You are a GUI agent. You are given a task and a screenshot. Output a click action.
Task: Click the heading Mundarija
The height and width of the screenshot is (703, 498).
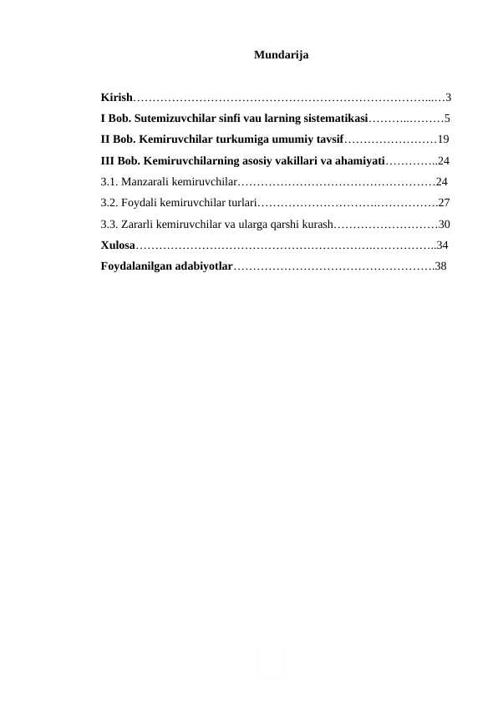coord(280,55)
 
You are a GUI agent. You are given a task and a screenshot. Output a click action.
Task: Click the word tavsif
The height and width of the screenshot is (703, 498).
coord(328,139)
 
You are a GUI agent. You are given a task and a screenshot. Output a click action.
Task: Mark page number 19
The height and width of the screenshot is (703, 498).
coord(444,139)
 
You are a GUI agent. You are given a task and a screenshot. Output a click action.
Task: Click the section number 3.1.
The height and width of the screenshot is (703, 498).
coord(109,181)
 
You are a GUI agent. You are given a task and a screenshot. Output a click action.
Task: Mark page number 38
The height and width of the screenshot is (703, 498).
coord(441,266)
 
